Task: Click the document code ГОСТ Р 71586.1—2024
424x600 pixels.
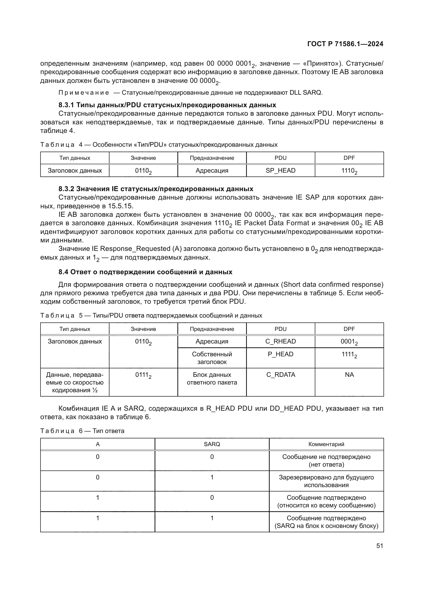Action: (x=345, y=44)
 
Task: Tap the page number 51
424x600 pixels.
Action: (x=380, y=546)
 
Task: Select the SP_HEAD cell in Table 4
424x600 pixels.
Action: (x=280, y=171)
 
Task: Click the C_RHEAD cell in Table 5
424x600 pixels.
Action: (x=280, y=341)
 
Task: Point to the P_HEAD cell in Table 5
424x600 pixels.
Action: (x=280, y=354)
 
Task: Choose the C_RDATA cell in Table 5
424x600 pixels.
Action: (x=280, y=375)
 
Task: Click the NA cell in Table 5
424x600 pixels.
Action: (x=349, y=375)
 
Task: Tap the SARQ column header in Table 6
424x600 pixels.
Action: (x=212, y=444)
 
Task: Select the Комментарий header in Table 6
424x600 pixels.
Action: (x=326, y=444)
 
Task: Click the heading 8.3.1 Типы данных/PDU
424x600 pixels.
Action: (x=167, y=105)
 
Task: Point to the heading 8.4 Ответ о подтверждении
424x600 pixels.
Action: (x=145, y=272)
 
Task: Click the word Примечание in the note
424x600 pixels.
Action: (x=84, y=93)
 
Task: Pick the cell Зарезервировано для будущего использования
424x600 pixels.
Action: (x=326, y=481)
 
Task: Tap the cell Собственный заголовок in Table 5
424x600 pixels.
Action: (x=212, y=358)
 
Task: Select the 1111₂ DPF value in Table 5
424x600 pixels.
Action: (x=349, y=355)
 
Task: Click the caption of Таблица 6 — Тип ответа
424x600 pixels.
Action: (x=82, y=431)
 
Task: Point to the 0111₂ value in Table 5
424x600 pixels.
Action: (x=143, y=375)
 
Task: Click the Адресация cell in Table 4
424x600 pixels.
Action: (x=212, y=171)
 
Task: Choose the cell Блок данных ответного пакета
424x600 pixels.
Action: (x=212, y=378)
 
